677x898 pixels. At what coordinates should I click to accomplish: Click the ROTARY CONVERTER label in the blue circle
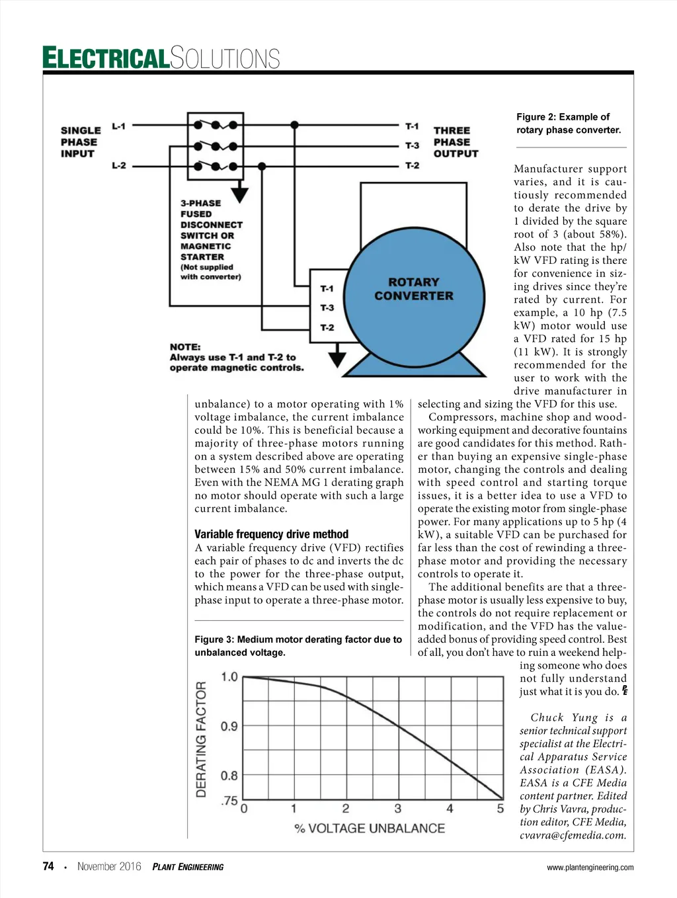[x=414, y=289]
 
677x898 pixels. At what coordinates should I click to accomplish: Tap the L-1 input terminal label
[x=118, y=126]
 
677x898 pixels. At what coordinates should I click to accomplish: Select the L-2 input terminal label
[x=118, y=165]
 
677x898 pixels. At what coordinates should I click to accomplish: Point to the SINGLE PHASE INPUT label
[x=80, y=142]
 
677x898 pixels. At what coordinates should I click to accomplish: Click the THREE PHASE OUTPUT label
[x=455, y=142]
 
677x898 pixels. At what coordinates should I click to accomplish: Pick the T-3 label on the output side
[x=412, y=145]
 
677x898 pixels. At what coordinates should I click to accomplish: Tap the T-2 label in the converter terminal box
[x=327, y=327]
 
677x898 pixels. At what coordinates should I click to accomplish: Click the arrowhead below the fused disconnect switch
[x=239, y=194]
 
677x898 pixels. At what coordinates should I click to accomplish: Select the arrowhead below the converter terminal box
[x=337, y=359]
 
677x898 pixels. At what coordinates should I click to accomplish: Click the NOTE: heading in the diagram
[x=185, y=347]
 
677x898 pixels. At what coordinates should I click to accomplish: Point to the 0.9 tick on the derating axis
[x=229, y=726]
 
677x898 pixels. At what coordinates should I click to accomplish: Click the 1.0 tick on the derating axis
[x=229, y=676]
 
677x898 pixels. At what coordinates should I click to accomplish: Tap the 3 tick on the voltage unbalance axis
[x=397, y=809]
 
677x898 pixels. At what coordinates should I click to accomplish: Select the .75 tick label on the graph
[x=229, y=801]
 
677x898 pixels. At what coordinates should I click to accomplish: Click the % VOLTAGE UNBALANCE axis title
[x=370, y=829]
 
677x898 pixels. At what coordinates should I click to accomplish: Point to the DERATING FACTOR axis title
[x=202, y=739]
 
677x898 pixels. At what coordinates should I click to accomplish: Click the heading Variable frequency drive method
[x=271, y=534]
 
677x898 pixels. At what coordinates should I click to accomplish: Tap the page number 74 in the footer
[x=48, y=866]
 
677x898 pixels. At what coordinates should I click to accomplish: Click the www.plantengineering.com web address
[x=590, y=868]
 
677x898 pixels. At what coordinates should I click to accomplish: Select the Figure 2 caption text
[x=569, y=124]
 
